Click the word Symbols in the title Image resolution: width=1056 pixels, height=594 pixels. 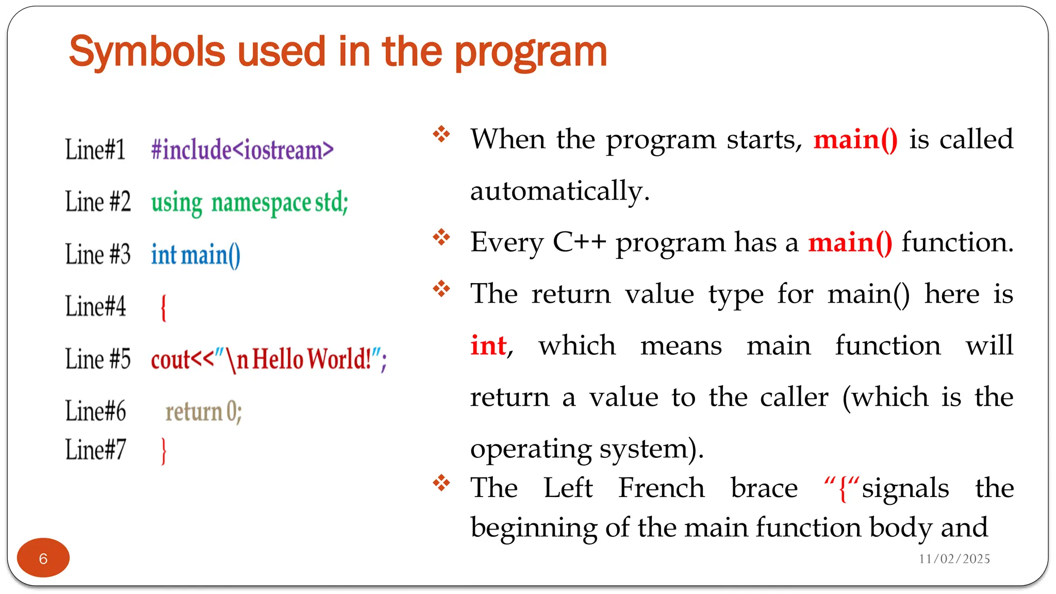pyautogui.click(x=147, y=52)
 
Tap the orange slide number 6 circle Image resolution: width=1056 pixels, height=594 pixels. pyautogui.click(x=43, y=558)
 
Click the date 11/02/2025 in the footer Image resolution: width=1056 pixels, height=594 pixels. pyautogui.click(x=954, y=559)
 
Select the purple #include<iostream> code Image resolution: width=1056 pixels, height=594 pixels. pyautogui.click(x=242, y=150)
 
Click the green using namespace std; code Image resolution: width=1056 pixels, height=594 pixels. pyautogui.click(x=250, y=202)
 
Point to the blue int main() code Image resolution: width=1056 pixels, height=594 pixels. pyautogui.click(x=195, y=255)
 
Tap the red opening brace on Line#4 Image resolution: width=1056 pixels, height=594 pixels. pyautogui.click(x=163, y=308)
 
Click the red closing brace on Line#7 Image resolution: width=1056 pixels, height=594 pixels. pyautogui.click(x=164, y=451)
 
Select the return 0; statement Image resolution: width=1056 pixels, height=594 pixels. pyautogui.click(x=203, y=412)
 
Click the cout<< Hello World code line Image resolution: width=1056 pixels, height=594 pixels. pyautogui.click(x=268, y=359)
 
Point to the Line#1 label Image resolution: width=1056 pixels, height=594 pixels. pyautogui.click(x=95, y=150)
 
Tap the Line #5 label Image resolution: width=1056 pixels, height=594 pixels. pyautogui.click(x=98, y=359)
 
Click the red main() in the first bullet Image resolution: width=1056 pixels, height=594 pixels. pyautogui.click(x=855, y=140)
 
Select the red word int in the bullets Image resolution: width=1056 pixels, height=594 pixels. pyautogui.click(x=488, y=345)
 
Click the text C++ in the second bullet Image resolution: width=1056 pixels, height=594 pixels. pyautogui.click(x=579, y=242)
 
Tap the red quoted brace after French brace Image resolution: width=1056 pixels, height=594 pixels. pyautogui.click(x=842, y=488)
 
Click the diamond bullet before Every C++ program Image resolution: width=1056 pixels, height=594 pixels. pyautogui.click(x=441, y=238)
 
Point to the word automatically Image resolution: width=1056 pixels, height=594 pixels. pyautogui.click(x=559, y=191)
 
